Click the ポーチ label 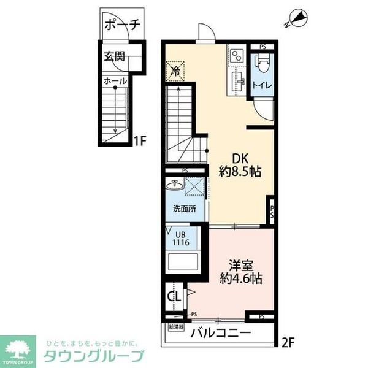tap(123, 26)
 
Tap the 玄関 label tap(114, 57)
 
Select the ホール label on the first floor tap(115, 81)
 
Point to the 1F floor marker tap(141, 141)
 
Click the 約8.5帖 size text tap(240, 172)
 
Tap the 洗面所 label tap(184, 209)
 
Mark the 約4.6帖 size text tap(241, 278)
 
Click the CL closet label tap(174, 297)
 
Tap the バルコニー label tap(220, 333)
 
